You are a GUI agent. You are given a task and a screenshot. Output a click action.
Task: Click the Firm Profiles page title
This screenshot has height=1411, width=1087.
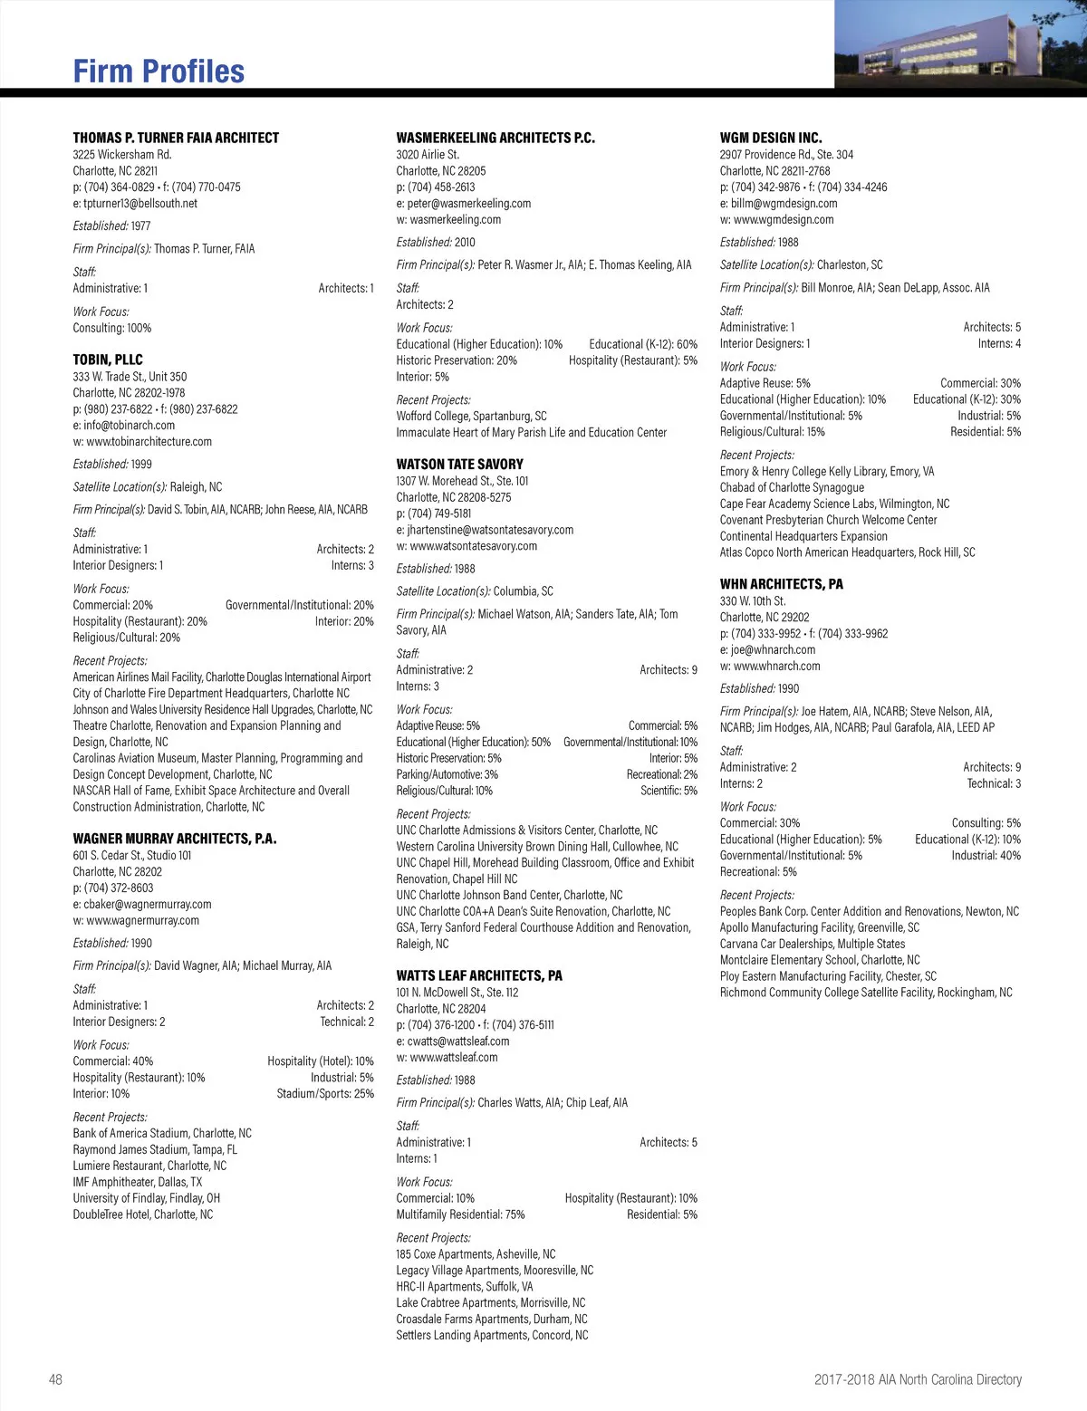tap(159, 72)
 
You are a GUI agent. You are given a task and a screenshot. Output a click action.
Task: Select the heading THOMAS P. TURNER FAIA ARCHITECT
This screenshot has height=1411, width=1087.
tap(176, 138)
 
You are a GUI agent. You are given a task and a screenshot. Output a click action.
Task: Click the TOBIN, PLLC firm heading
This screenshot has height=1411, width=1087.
tap(108, 360)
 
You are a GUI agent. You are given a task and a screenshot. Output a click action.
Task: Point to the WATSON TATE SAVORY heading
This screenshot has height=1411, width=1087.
tap(459, 464)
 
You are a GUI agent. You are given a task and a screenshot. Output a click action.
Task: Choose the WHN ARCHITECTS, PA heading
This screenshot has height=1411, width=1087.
tap(781, 584)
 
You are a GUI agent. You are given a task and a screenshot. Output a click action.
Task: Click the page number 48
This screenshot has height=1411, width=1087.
tap(56, 1379)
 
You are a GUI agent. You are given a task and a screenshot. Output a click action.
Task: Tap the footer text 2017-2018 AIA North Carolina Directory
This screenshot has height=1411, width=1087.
tap(918, 1379)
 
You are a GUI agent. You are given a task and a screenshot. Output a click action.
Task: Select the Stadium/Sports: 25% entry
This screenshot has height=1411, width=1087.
tap(325, 1094)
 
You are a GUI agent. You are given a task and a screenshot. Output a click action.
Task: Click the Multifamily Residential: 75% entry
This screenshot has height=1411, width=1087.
tap(460, 1214)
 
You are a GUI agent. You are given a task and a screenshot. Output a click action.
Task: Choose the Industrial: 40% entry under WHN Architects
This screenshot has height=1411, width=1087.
tap(986, 856)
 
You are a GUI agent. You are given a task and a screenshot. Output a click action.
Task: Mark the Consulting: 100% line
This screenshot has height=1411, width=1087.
tap(112, 328)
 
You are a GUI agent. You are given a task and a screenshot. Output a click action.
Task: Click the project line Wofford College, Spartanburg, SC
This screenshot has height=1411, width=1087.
tap(471, 417)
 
